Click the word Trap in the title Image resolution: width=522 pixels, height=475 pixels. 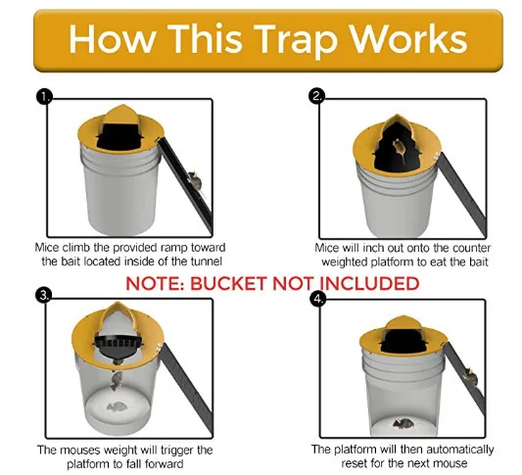pyautogui.click(x=291, y=38)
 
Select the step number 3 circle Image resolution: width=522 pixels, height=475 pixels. pyautogui.click(x=43, y=296)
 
